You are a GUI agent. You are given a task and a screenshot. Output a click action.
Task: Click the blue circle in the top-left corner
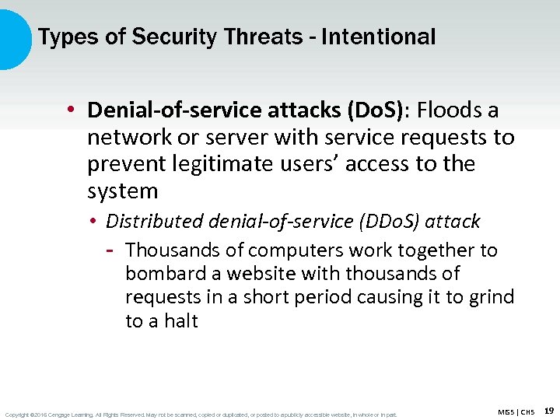pos(12,37)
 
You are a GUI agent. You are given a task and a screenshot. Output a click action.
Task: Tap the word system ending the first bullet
pos(122,191)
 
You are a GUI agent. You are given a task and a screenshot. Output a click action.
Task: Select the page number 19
pos(548,410)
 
